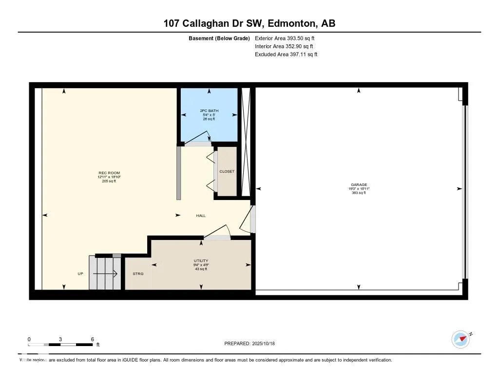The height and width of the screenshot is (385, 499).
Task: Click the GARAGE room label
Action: pos(359,185)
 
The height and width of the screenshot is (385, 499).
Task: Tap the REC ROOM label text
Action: pos(109,173)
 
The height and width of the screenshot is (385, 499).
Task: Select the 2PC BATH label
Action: pos(209,111)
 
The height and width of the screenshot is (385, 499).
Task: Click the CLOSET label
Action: pos(227,171)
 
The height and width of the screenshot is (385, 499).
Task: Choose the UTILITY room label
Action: pos(201,261)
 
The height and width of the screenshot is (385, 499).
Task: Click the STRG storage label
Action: pos(138,274)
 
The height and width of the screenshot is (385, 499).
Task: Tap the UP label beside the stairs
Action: pos(80,274)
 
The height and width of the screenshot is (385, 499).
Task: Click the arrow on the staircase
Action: pos(105,274)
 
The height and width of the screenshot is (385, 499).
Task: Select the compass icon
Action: pos(461,339)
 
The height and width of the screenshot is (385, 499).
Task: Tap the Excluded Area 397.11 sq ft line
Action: pos(286,55)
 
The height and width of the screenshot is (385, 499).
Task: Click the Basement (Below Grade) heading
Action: pos(219,38)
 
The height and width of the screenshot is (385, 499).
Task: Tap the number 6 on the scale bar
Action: pos(92,339)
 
